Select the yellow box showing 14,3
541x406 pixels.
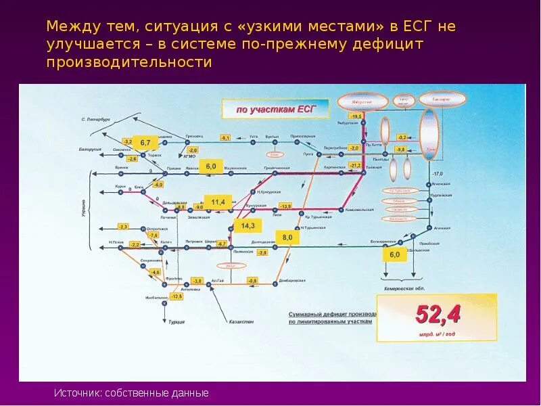(x=247, y=225)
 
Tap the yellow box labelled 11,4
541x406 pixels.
(x=218, y=202)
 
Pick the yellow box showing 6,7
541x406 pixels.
(x=144, y=142)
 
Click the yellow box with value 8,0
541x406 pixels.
(x=288, y=238)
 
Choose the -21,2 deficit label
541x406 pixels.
(x=354, y=165)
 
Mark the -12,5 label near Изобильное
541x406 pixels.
(x=176, y=296)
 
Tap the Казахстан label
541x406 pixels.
(x=241, y=322)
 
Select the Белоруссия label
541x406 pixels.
(x=90, y=149)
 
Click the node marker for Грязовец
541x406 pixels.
(x=190, y=142)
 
